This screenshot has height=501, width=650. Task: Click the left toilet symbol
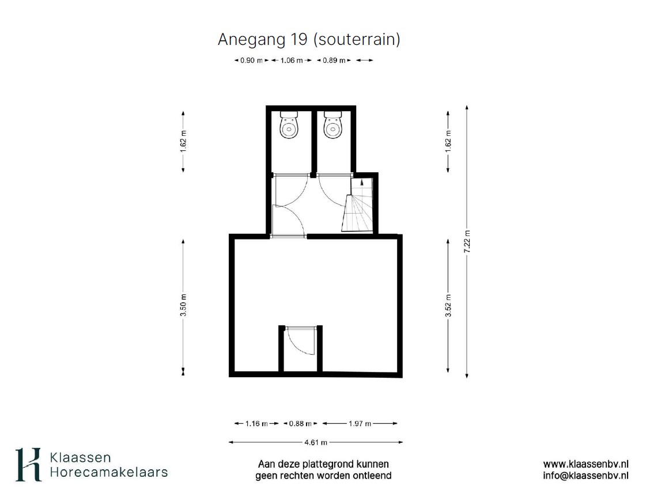point(289,124)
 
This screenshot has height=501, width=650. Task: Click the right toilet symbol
point(332,124)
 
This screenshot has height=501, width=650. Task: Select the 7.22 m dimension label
point(467,242)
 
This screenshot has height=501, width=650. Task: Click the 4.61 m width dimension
point(316,442)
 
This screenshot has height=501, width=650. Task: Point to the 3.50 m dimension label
point(183,305)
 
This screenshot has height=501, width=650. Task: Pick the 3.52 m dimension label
point(448,305)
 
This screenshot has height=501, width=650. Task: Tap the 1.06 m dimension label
point(292,60)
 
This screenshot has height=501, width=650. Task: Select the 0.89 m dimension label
point(334,60)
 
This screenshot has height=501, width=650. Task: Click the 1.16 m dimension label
point(256,423)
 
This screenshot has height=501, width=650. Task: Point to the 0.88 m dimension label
point(301,423)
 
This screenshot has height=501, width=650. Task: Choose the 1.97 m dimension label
point(360,423)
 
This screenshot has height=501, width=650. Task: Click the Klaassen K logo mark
point(28,465)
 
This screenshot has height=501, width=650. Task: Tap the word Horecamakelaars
point(109,472)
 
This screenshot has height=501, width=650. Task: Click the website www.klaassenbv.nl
point(585,464)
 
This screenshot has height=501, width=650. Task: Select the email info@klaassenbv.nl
point(585,476)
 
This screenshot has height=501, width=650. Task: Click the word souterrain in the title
point(356,40)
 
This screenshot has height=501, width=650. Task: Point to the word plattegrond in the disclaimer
point(337,464)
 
